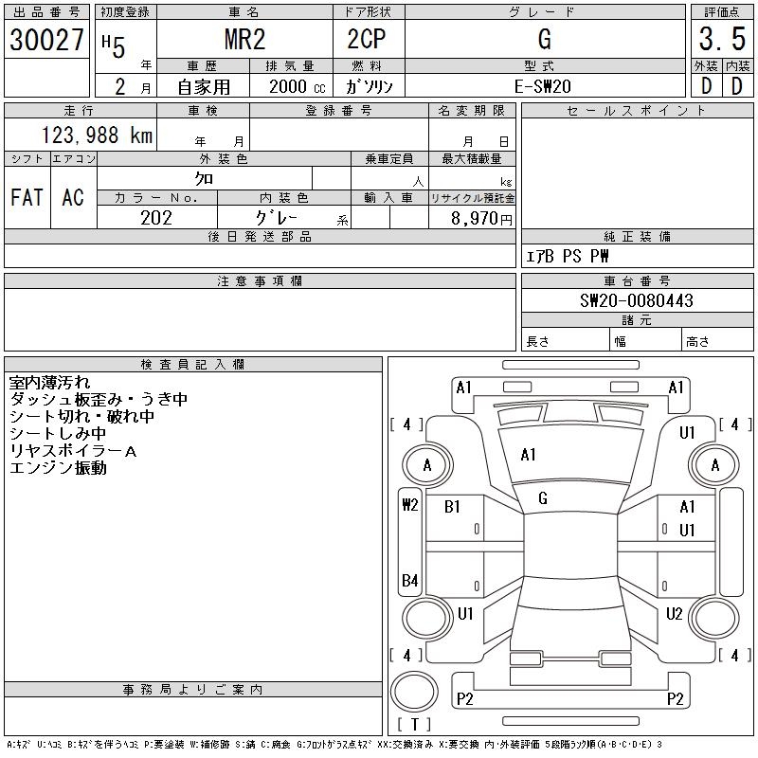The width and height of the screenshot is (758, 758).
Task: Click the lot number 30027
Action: tap(47, 40)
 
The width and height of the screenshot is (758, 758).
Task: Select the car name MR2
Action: tap(244, 40)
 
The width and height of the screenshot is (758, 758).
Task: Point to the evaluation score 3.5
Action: tap(722, 40)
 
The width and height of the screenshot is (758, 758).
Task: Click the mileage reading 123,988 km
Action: tap(98, 135)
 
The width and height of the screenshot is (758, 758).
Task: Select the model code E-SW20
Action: tap(543, 85)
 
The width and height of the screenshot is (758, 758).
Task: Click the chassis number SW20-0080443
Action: tap(637, 301)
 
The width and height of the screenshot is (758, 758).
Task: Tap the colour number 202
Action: tap(155, 218)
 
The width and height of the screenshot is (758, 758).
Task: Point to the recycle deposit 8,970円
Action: tap(483, 218)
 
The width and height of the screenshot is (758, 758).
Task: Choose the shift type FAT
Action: tap(27, 197)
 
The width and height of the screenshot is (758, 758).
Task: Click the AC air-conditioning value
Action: tap(73, 197)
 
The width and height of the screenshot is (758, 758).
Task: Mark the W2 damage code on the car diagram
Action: tap(409, 504)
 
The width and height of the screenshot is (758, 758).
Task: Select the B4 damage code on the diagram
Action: tap(409, 580)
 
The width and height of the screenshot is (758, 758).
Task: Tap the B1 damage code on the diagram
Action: tap(452, 507)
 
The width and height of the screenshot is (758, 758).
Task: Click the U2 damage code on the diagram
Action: tap(674, 614)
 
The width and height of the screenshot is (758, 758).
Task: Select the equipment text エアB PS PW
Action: tap(568, 256)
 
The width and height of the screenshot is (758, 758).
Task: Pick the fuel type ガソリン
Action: tap(376, 85)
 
